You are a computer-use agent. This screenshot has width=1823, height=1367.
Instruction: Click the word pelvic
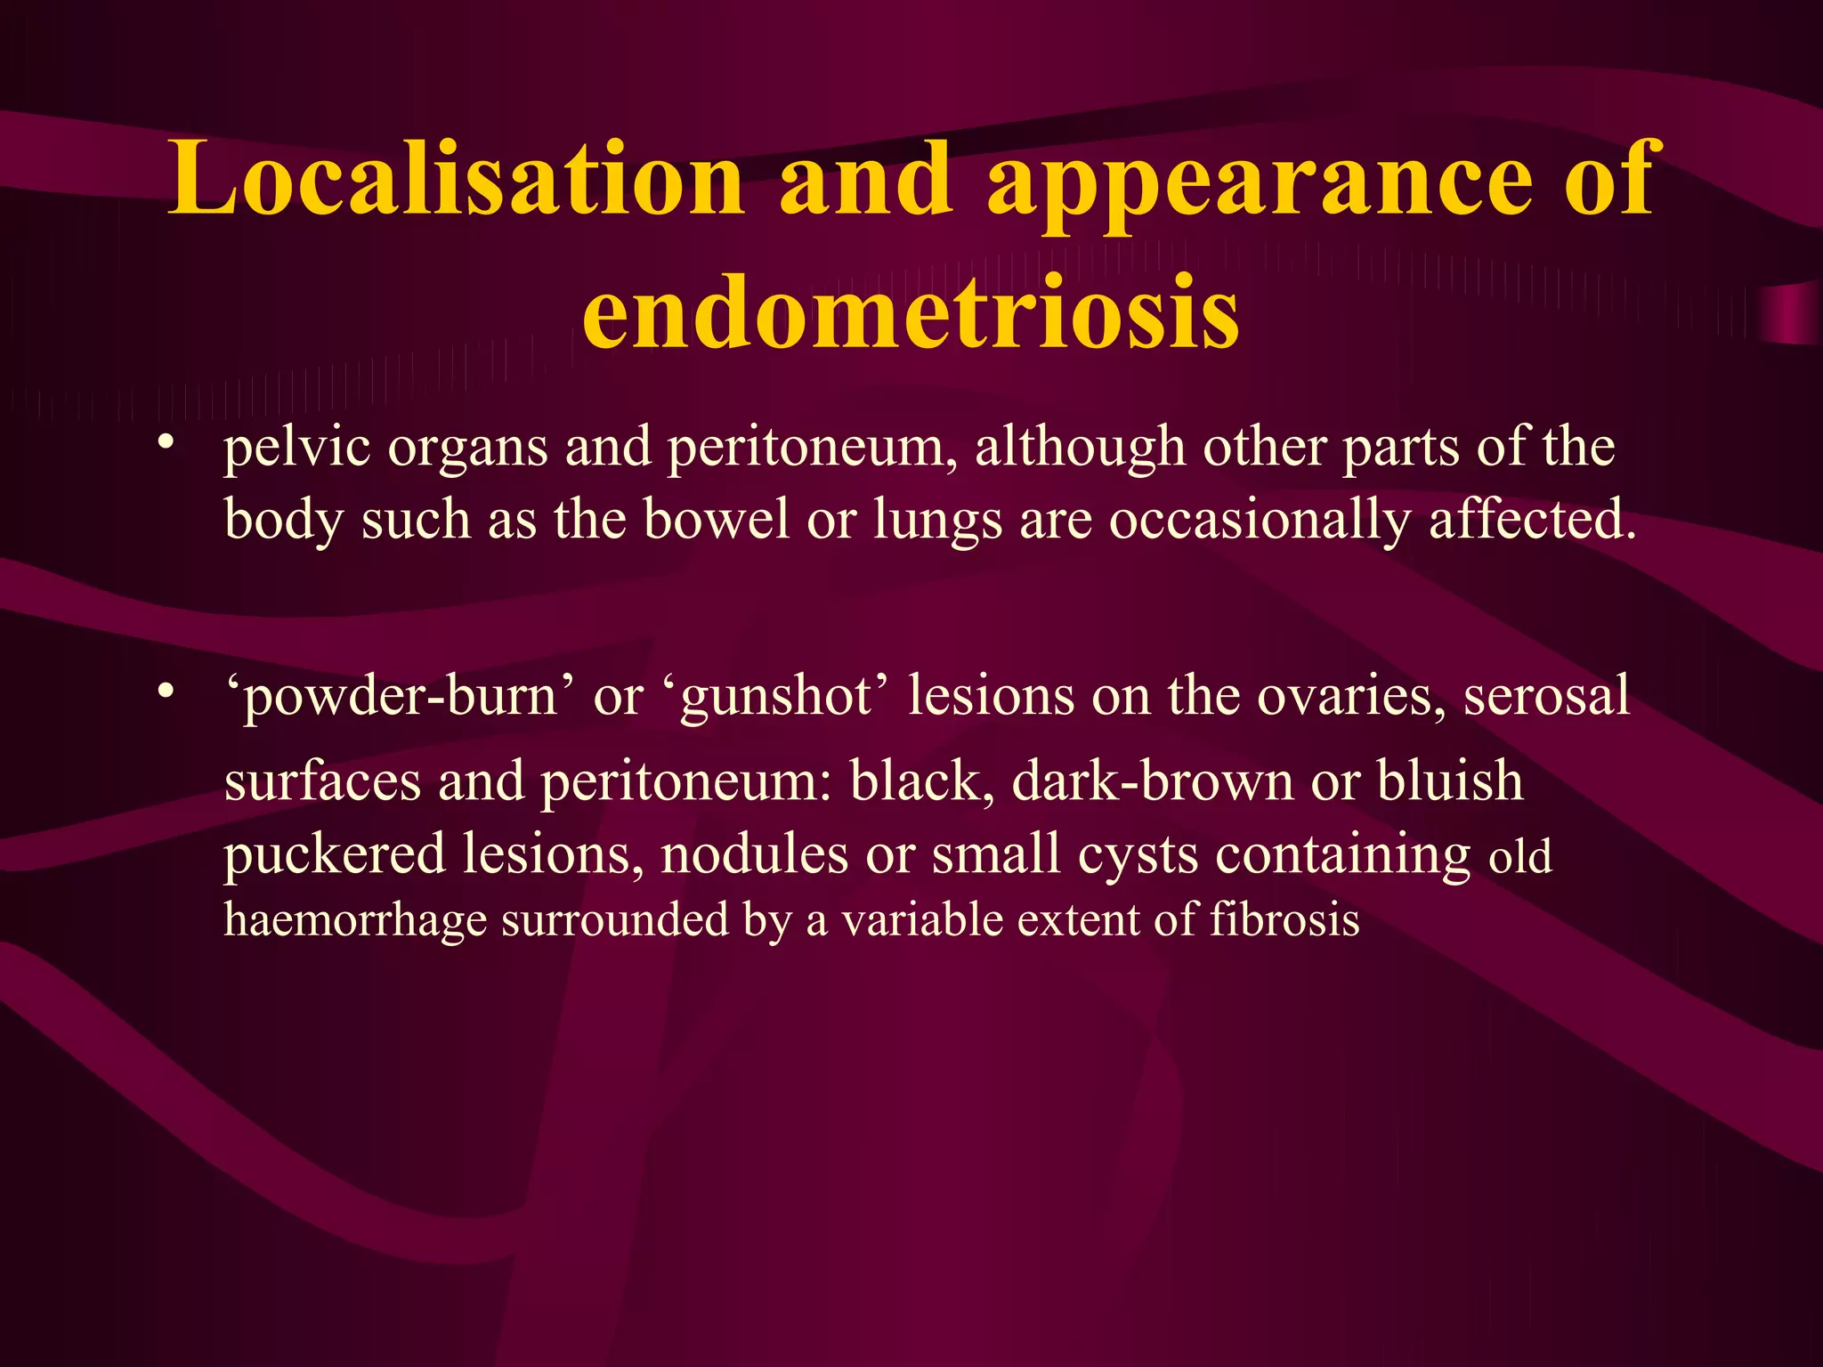[296, 448]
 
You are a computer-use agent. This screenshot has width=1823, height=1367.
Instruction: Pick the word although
[1080, 448]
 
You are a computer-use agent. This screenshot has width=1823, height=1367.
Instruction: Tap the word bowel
[716, 520]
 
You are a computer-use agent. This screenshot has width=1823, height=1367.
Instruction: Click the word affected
[1532, 520]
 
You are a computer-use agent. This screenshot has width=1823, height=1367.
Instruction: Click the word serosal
[1547, 696]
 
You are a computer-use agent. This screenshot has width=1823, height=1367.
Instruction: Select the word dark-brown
[1152, 781]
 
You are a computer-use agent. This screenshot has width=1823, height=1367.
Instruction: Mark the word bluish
[1450, 781]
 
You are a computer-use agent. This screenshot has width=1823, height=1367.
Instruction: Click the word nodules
[755, 854]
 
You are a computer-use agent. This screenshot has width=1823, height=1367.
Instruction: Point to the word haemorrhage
[355, 920]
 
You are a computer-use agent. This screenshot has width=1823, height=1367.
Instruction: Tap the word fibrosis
[1284, 919]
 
